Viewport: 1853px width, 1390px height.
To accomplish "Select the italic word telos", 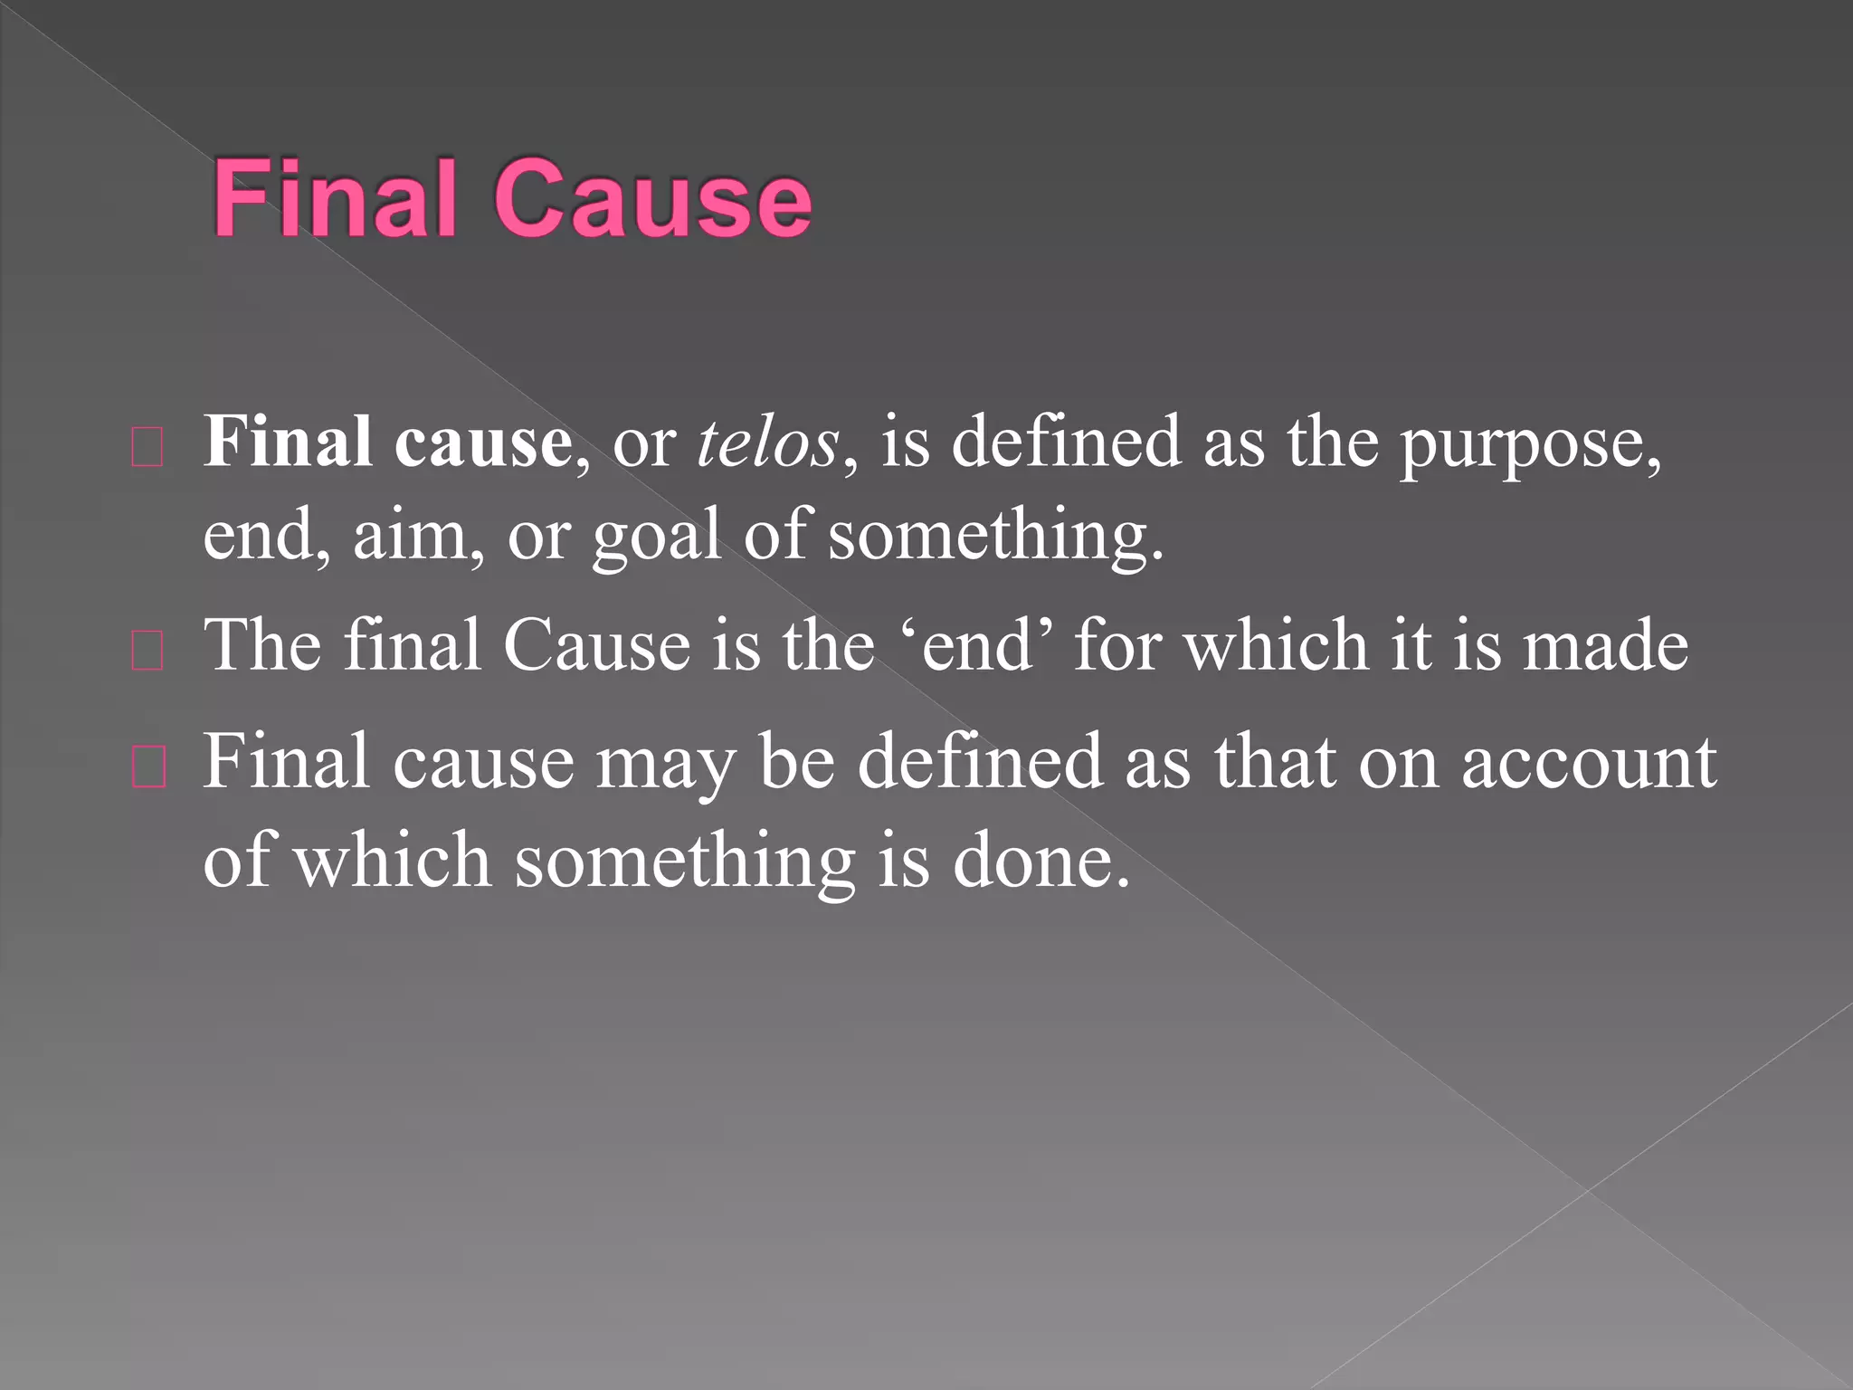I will (x=767, y=443).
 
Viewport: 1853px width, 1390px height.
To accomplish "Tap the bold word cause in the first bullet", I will (x=482, y=443).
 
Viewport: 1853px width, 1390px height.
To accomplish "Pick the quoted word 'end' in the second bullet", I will (x=978, y=645).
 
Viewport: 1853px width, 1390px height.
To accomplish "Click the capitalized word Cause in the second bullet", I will (x=596, y=645).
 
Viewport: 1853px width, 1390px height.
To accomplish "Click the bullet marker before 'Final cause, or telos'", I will (x=147, y=448).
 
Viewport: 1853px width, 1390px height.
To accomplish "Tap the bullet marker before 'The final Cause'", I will (x=147, y=651).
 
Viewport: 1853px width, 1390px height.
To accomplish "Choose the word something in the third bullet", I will (x=685, y=862).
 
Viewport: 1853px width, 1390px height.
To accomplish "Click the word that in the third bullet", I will (x=1275, y=762).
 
